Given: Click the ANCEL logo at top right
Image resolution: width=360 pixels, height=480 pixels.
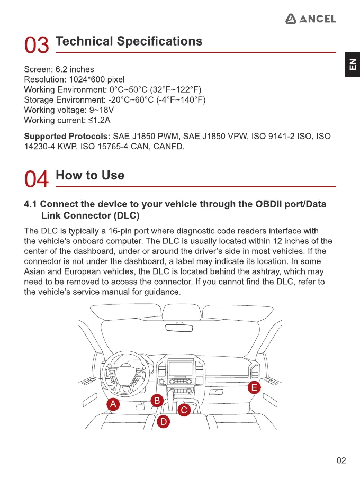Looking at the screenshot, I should point(310,19).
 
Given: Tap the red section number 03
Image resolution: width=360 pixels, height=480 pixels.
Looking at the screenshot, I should point(37,45).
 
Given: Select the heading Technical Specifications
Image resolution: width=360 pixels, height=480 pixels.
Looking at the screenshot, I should point(129,41).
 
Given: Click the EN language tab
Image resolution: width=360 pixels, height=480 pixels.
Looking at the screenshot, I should point(352,65).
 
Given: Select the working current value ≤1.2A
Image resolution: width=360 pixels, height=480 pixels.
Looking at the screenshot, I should point(100,120).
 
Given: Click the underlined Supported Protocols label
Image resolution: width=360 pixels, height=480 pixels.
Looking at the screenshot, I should point(67,137).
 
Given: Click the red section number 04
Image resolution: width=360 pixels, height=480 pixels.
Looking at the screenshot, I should point(37,179).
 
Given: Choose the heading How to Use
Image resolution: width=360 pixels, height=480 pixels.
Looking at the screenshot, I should point(90,175).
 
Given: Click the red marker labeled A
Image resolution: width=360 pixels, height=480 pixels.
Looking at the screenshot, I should point(113,404).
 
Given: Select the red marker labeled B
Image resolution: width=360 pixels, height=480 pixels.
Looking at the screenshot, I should point(156,401).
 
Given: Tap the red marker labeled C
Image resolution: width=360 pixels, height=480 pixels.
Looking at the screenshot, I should point(184,410).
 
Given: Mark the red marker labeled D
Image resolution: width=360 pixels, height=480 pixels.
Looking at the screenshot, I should point(164,422).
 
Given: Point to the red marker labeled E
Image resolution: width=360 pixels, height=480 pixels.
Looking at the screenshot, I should point(255,387).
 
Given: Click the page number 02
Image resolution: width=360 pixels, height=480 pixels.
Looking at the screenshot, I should point(341,460).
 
